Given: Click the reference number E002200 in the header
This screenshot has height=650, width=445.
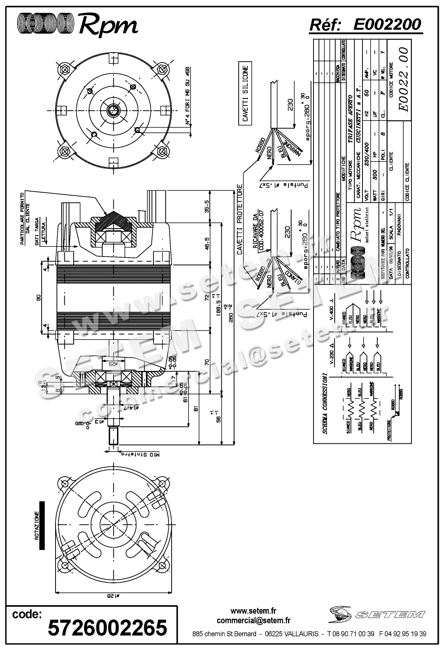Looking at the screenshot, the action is (387, 25).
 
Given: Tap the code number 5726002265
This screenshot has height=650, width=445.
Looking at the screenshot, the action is (108, 627).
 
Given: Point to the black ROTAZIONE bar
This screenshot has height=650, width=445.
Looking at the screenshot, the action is (42, 525).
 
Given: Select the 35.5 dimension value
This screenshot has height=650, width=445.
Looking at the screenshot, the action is (207, 206).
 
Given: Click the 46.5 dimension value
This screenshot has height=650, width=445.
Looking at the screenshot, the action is (207, 244).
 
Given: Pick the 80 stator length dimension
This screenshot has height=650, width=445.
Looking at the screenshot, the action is (38, 297).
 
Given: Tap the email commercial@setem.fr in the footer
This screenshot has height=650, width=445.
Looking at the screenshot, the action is (253, 621).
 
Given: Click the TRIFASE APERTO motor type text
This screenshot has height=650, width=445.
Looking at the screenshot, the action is (351, 119).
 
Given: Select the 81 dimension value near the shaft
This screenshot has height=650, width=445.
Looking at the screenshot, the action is (196, 408).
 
